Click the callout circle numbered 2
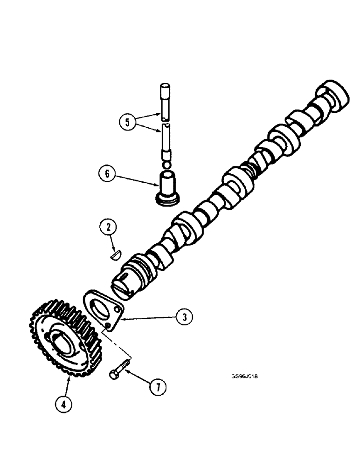[x=108, y=228]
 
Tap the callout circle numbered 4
[x=64, y=404]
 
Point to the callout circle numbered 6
[x=107, y=175]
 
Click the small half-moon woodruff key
[x=115, y=255]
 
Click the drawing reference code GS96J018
[x=244, y=377]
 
